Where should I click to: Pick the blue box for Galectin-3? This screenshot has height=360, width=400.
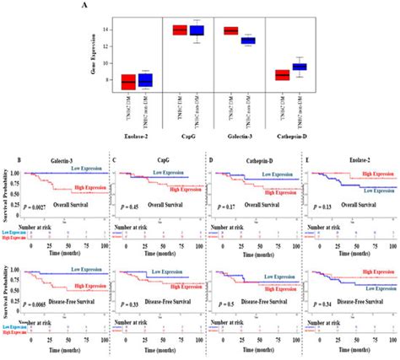[x=271, y=40]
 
